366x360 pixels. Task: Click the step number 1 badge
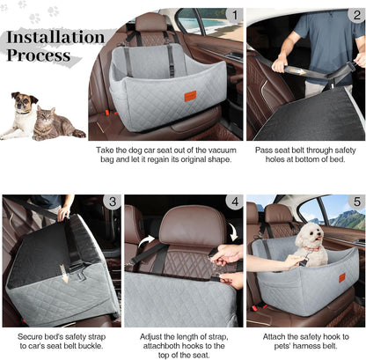[x=233, y=16]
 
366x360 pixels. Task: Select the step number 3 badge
[x=111, y=202]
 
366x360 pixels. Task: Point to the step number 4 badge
[x=233, y=202]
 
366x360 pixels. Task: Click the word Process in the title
[x=40, y=55]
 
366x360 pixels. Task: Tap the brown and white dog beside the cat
[x=25, y=114]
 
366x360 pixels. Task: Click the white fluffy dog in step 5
[x=308, y=242]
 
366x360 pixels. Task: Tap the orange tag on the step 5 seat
[x=341, y=277]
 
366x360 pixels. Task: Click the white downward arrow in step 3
[x=64, y=274]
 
